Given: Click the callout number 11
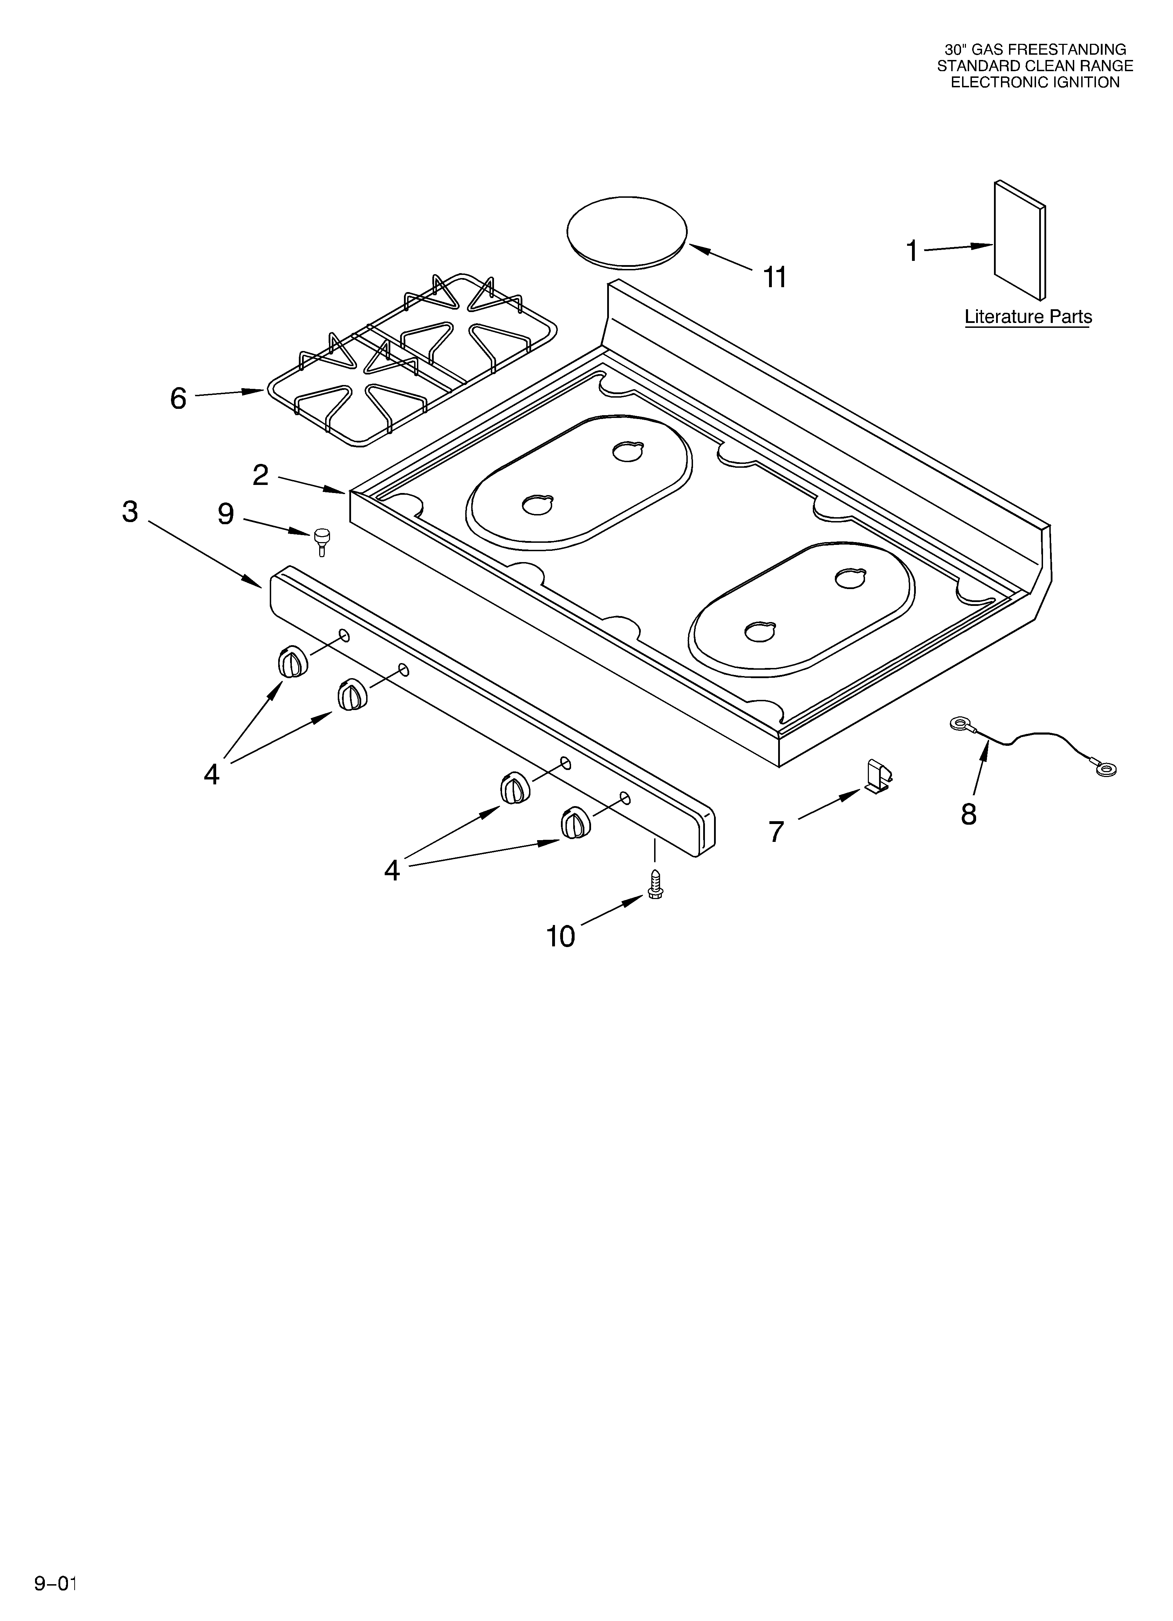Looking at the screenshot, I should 775,277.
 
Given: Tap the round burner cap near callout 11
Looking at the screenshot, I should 626,232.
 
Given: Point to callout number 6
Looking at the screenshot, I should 178,398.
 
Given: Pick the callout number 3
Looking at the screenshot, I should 130,512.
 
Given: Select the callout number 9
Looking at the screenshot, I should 226,514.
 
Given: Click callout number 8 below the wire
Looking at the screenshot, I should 969,814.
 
